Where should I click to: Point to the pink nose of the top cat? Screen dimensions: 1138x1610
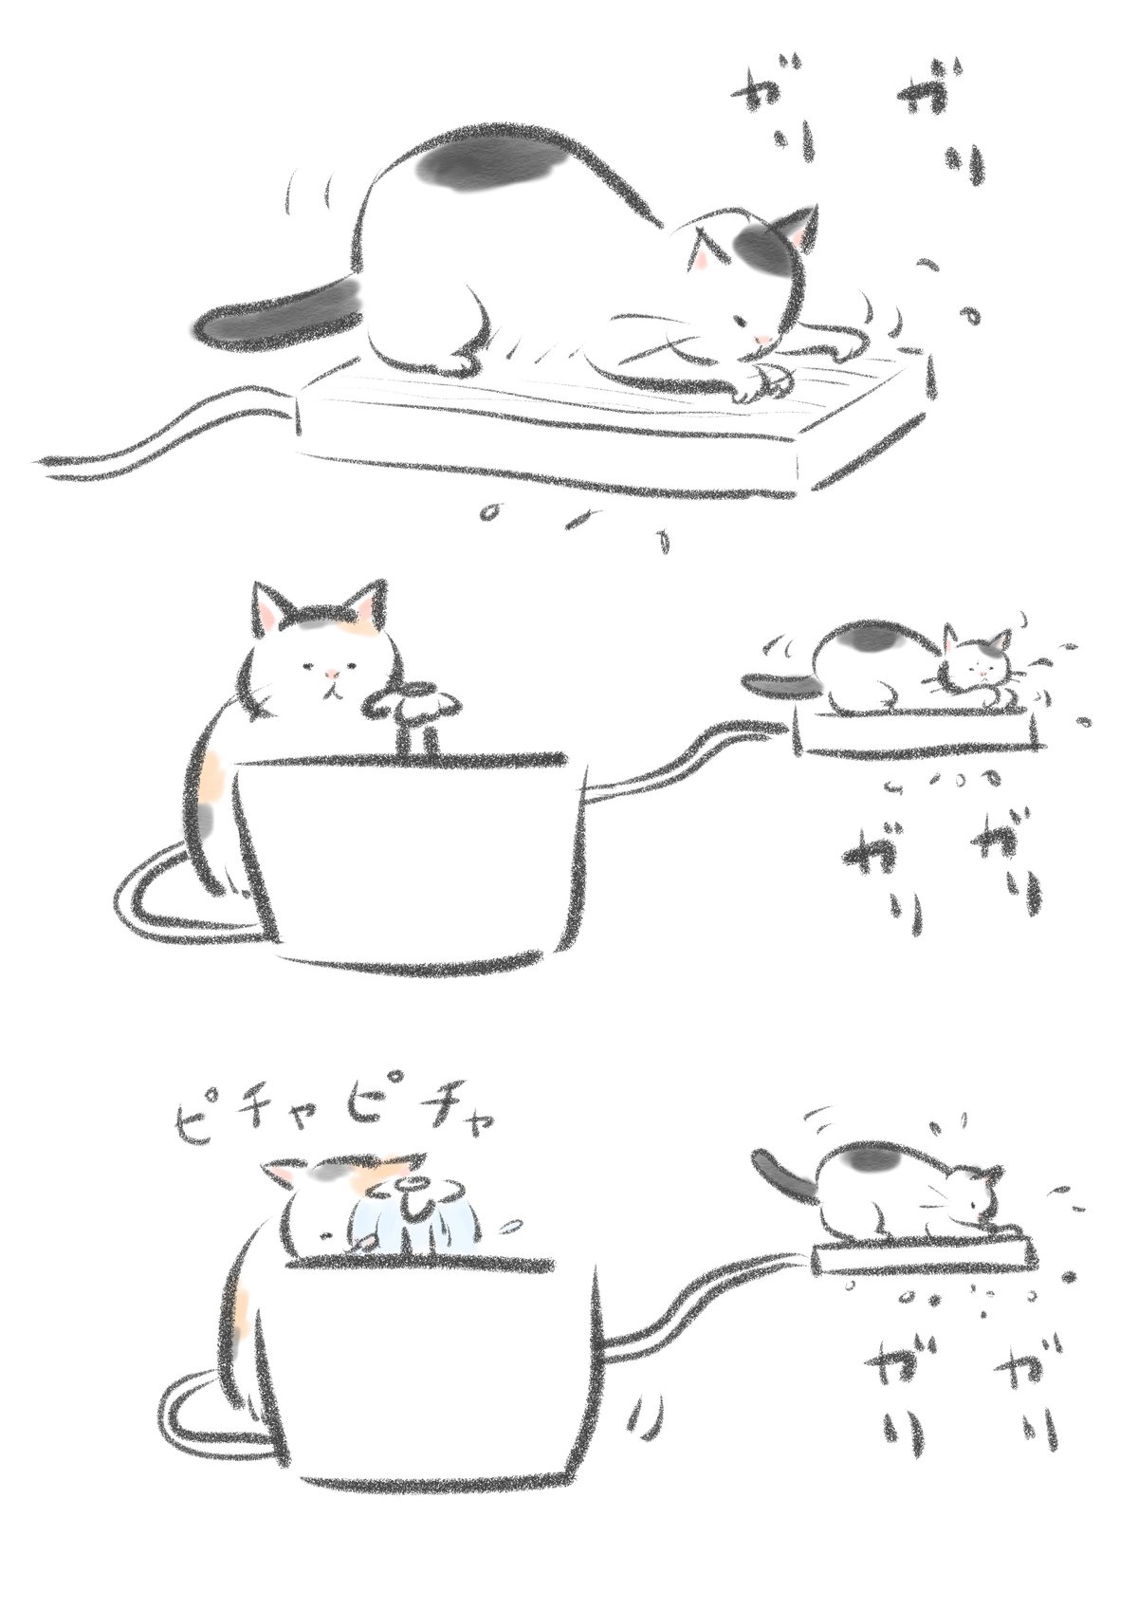coord(766,338)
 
